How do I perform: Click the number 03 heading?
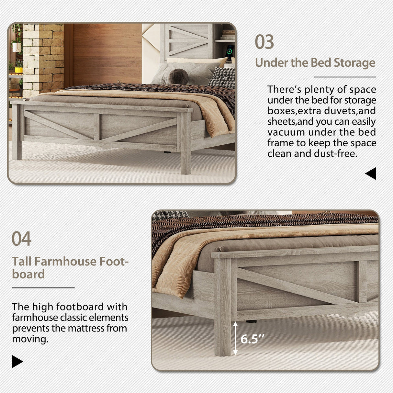point(264,42)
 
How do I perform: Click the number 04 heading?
point(21,239)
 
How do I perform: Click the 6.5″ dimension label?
point(252,339)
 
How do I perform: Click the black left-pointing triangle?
point(371,174)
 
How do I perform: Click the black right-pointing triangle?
point(17,361)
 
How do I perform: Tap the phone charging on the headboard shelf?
point(230,52)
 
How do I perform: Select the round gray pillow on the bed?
point(179,77)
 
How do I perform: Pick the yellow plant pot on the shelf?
point(19,70)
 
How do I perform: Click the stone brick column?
point(43,58)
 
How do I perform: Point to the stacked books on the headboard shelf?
point(229,35)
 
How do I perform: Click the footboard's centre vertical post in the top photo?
point(97,127)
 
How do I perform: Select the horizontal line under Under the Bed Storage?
point(344,77)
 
